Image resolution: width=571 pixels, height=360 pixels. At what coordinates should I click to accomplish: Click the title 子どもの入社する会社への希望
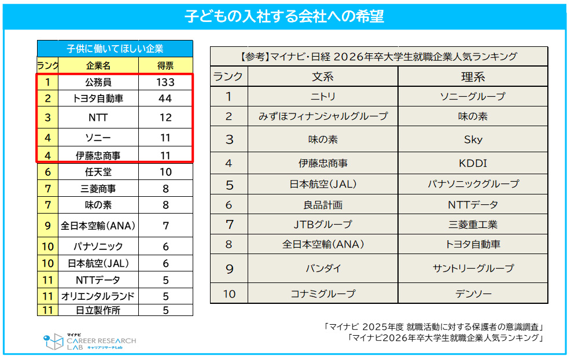coord(285,16)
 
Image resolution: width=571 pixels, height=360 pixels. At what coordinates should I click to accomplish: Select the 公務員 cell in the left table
coord(98,82)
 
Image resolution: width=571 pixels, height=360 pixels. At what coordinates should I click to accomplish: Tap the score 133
coord(165,82)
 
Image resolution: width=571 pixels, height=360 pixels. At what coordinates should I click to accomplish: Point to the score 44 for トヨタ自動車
coord(165,98)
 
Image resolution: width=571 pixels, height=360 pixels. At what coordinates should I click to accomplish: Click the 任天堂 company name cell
coord(98,172)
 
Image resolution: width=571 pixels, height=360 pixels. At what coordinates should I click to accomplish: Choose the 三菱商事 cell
coord(98,189)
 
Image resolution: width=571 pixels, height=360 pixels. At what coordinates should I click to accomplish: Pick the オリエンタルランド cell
coord(98,296)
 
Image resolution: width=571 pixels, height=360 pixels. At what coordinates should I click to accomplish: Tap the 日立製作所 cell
coord(98,310)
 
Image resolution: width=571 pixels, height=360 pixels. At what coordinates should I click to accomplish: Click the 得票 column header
coord(165,65)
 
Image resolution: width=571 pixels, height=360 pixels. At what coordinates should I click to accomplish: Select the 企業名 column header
coord(98,65)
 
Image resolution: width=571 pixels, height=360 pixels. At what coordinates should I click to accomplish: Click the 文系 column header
coord(323,77)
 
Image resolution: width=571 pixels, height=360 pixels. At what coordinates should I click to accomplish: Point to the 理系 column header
coord(473,77)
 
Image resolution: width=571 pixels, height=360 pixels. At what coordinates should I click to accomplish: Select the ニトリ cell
coord(323,97)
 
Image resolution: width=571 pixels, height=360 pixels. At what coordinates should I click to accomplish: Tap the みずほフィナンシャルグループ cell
coord(323,116)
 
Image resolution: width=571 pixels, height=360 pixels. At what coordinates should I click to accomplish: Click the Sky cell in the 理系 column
coord(473,139)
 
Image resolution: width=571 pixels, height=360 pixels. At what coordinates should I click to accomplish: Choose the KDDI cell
coord(473,163)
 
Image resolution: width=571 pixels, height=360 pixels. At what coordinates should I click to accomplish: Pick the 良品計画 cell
coord(323,205)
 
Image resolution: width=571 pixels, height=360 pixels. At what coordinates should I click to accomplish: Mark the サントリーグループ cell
coord(473,269)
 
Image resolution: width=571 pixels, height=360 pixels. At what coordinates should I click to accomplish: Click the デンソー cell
coord(473,293)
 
